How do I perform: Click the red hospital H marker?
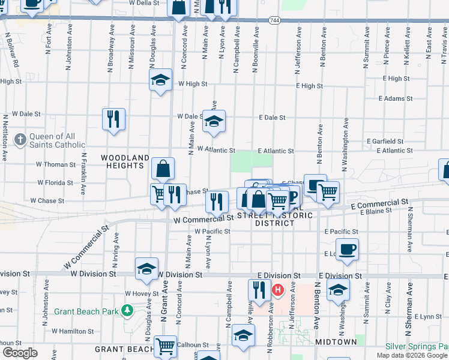point(278,290)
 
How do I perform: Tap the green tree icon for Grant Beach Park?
point(127,311)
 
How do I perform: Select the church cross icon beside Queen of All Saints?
point(20,140)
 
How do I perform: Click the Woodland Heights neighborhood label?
point(125,162)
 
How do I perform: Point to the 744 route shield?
point(274,20)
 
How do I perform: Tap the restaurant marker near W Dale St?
point(113,118)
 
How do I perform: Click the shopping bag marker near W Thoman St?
point(163,169)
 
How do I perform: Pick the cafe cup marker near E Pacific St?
point(347,249)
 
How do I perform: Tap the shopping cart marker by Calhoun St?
point(165,346)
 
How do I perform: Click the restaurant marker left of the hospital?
point(259,290)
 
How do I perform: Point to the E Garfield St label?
point(394,141)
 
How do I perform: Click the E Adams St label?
point(396,98)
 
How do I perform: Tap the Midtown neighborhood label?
point(336,341)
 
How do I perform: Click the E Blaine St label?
point(375,211)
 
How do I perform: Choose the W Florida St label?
point(55,182)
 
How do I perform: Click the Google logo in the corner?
point(20,353)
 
